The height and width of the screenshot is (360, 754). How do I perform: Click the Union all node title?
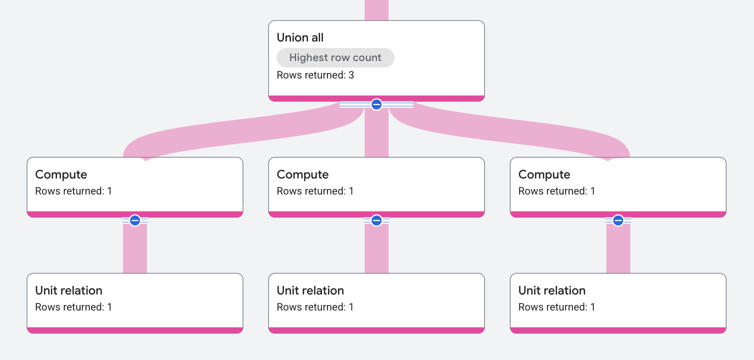point(300,37)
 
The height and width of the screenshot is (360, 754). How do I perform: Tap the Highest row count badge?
point(335,57)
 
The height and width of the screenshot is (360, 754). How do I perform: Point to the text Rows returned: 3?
point(315,75)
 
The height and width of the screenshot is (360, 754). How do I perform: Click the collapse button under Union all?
point(376,104)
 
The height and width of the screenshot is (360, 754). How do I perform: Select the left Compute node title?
point(61,174)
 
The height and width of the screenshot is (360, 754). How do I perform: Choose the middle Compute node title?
point(302,174)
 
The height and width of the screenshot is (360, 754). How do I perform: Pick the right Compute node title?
point(544,174)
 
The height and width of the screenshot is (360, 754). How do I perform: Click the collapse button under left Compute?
point(135,220)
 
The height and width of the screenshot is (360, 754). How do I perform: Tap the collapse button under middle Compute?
point(376,220)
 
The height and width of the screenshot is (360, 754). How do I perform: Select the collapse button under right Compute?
point(618,220)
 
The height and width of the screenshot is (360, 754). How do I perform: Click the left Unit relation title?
point(68,290)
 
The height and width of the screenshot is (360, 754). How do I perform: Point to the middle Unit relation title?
point(310,290)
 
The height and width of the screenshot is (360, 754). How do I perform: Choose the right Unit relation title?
point(552,290)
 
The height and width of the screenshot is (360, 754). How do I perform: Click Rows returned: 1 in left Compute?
point(73,191)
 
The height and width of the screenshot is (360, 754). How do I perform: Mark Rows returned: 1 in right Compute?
point(556,191)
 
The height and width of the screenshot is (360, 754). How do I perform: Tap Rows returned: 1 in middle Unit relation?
point(315,307)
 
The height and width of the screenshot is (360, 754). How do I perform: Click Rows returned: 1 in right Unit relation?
point(556,307)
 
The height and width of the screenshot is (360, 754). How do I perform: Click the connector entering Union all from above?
point(376,10)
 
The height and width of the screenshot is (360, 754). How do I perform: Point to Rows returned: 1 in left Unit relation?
point(73,307)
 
